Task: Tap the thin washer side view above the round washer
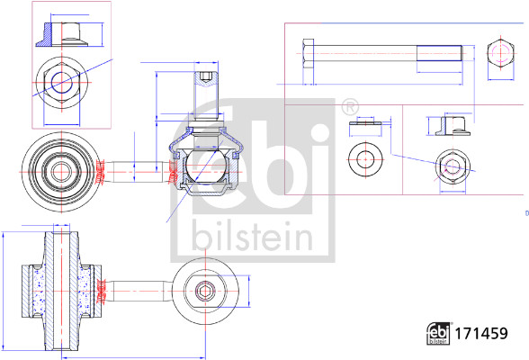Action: (365, 127)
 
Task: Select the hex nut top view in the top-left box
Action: (61, 82)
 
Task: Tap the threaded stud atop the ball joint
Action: (205, 88)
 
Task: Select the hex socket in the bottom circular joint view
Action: (206, 290)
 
